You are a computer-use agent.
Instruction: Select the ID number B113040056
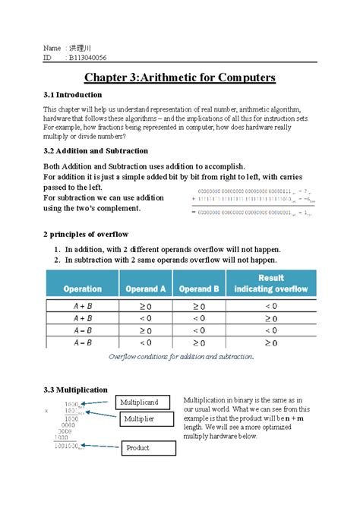click(x=87, y=57)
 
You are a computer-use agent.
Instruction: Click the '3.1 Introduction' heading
click(x=72, y=95)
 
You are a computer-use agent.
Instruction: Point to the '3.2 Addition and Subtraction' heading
click(x=95, y=151)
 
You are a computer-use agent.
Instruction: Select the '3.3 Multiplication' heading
click(x=75, y=390)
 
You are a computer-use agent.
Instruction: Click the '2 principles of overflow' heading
click(x=87, y=233)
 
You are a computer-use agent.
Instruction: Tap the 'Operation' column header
click(x=82, y=289)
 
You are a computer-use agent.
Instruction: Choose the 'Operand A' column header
click(x=146, y=289)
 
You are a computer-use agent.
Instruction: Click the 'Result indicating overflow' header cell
click(x=271, y=284)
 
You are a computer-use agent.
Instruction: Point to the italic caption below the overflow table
click(x=181, y=355)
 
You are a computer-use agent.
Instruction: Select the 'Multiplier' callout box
click(x=139, y=418)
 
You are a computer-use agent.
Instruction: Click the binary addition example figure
click(x=255, y=202)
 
